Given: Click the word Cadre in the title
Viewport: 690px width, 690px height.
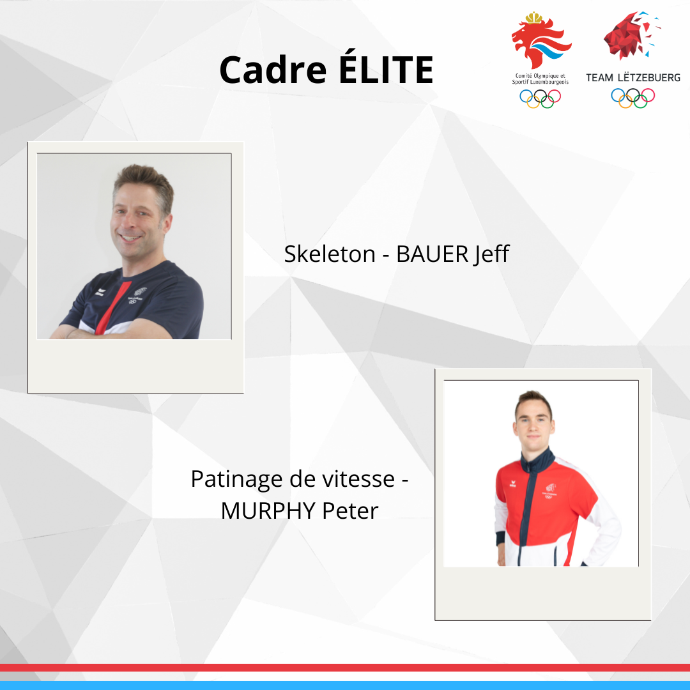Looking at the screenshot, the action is pyautogui.click(x=273, y=70).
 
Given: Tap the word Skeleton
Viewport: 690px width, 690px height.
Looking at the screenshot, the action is pyautogui.click(x=330, y=254).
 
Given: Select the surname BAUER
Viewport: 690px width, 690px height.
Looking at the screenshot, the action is pyautogui.click(x=432, y=254).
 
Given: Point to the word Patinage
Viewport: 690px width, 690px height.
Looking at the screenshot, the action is pyautogui.click(x=236, y=480).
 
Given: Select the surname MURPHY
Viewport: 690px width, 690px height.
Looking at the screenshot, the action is pyautogui.click(x=268, y=511).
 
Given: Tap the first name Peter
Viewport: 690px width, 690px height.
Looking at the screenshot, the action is pyautogui.click(x=350, y=511).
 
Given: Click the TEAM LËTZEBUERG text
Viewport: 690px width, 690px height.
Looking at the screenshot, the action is pyautogui.click(x=632, y=78).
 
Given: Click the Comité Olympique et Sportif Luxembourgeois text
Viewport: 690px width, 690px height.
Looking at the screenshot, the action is pyautogui.click(x=540, y=79).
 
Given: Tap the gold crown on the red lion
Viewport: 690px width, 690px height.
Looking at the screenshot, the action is pyautogui.click(x=533, y=18).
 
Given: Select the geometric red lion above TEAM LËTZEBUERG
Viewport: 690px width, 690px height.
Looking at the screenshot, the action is pyautogui.click(x=631, y=36).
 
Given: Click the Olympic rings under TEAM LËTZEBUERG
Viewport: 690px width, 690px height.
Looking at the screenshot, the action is pyautogui.click(x=632, y=98).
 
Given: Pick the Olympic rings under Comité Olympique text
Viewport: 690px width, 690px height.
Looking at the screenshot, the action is pyautogui.click(x=540, y=98).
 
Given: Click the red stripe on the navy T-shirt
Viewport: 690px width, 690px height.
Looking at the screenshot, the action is pyautogui.click(x=114, y=307).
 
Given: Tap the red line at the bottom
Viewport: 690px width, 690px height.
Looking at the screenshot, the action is pyautogui.click(x=345, y=668).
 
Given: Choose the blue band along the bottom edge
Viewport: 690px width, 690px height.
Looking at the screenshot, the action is pyautogui.click(x=345, y=685).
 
